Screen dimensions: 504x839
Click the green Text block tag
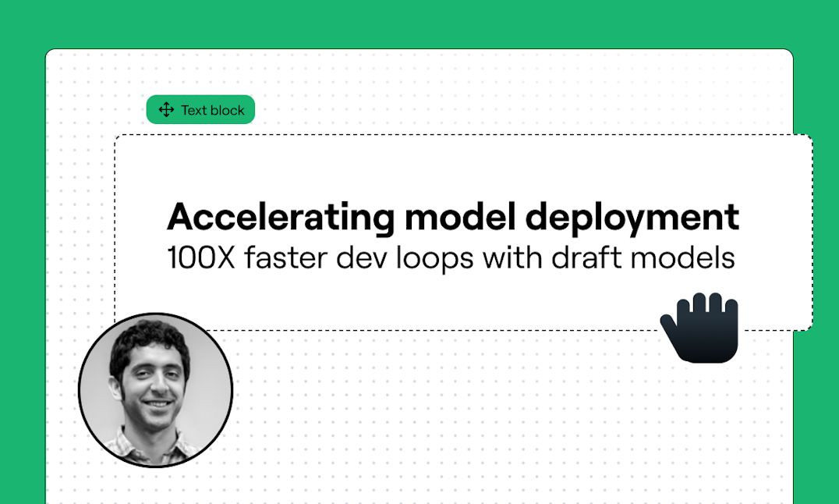click(200, 110)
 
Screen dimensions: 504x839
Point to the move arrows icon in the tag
click(166, 110)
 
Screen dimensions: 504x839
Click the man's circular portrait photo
click(156, 390)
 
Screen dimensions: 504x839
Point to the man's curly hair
click(147, 340)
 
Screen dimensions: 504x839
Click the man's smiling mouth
click(158, 403)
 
